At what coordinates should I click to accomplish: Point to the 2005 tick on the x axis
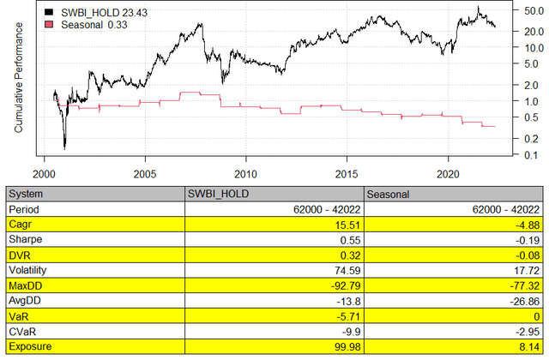(145, 171)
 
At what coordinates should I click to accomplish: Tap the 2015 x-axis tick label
(347, 171)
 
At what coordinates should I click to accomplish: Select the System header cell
(26, 195)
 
